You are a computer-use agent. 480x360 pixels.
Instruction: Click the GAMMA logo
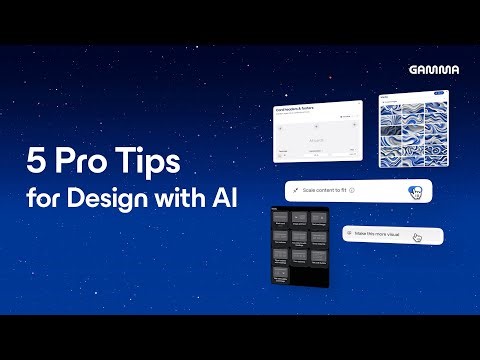click(433, 69)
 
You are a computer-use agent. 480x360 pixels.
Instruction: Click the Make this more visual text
click(376, 234)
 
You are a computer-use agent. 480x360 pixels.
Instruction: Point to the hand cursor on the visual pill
click(417, 237)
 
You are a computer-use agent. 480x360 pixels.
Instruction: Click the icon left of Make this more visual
click(347, 234)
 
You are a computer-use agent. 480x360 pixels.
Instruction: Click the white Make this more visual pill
click(391, 235)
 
